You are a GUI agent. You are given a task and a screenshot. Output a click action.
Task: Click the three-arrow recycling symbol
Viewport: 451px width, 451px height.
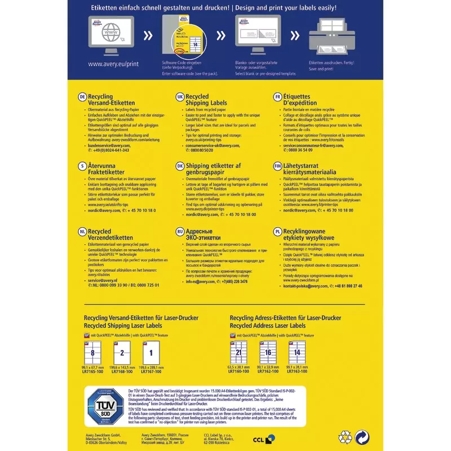[344, 436]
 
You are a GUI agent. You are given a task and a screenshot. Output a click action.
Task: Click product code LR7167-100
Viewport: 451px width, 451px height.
[151, 372]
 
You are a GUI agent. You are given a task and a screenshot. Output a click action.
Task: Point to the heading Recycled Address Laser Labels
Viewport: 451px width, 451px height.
[268, 326]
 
